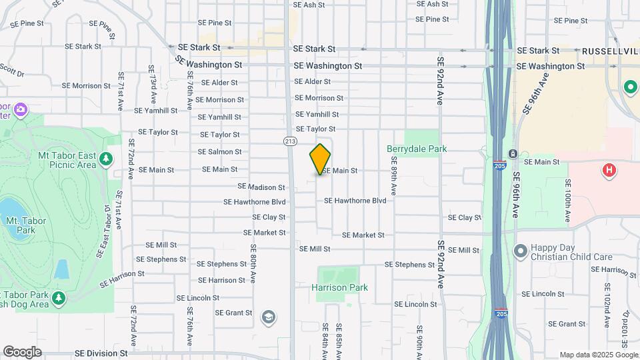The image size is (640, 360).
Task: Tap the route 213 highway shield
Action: pos(290,141)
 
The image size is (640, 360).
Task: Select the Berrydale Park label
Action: pos(417,149)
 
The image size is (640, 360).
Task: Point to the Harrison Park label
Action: pos(339,287)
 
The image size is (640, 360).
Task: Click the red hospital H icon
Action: pos(608,171)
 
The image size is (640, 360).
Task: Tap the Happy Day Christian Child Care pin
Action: pos(521,251)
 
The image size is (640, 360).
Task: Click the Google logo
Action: pos(22,352)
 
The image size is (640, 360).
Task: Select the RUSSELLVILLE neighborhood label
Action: pos(611,51)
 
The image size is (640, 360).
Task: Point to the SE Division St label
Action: pos(101,353)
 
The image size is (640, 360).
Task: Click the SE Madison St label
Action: pos(261,187)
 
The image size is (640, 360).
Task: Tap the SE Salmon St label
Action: pos(219,152)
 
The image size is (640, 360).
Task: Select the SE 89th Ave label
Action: pos(394,175)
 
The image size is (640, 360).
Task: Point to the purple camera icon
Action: pos(21,109)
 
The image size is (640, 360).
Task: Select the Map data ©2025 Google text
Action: pos(597,355)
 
